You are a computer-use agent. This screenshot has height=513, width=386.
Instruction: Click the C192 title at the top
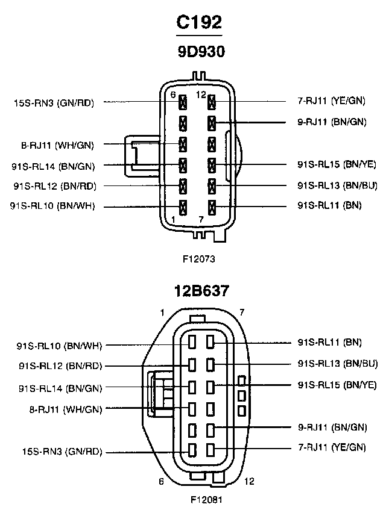pos(199,22)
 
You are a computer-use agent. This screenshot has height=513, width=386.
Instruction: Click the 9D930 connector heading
pos(201,52)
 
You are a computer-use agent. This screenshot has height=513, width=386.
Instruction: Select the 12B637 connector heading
pos(201,291)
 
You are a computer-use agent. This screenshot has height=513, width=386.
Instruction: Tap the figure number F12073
pos(199,259)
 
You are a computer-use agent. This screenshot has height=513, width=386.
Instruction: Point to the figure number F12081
pos(206,500)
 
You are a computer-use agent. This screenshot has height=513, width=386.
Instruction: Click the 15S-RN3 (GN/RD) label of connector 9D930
pos(54,103)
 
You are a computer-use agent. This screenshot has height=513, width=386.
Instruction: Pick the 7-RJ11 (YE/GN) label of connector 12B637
pos(332,447)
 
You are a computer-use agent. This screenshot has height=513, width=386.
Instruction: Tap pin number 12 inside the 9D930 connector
pos(201,95)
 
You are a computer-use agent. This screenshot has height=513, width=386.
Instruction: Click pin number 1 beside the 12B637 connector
pos(162,313)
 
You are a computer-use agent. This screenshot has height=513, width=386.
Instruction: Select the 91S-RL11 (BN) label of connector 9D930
pos(329,205)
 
